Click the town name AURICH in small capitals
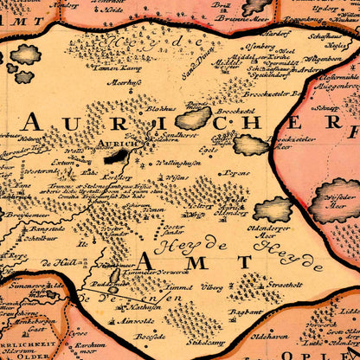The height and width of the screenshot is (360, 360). pos(107,142)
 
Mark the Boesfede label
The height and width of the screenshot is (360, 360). pos(147,337)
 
